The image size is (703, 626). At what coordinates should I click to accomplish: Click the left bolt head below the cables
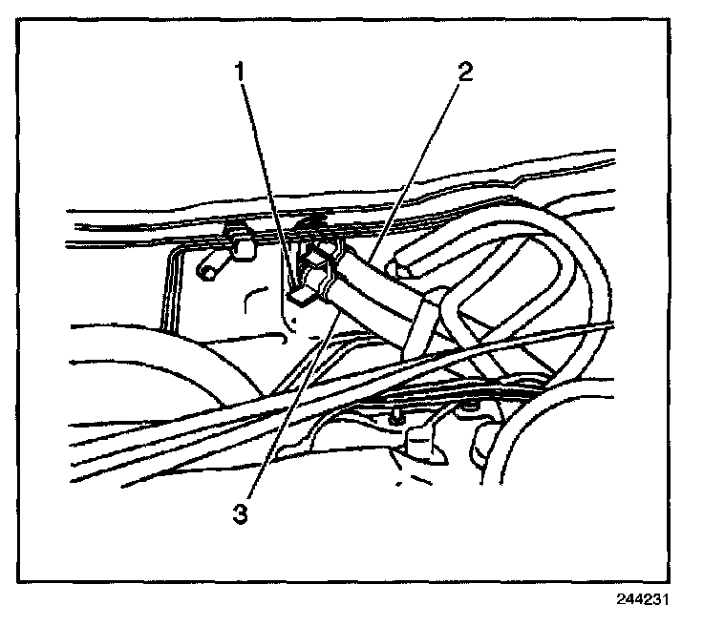click(394, 415)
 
